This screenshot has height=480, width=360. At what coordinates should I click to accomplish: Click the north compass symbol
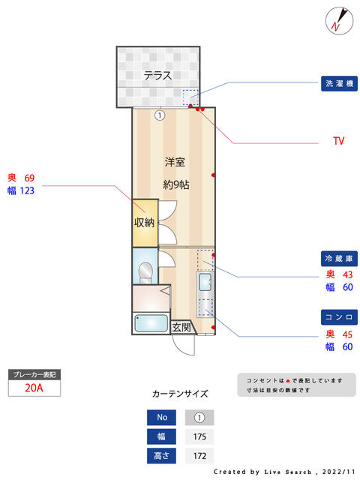pos(339,21)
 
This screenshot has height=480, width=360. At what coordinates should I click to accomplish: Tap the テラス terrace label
pos(158,75)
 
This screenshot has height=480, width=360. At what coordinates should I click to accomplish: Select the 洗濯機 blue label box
pos(339,83)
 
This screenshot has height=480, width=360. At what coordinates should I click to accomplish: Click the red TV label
pos(338,141)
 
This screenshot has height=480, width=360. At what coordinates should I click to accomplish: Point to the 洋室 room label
pos(175,162)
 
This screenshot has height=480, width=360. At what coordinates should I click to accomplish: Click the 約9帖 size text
pos(176,184)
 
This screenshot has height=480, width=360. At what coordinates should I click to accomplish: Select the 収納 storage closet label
pos(144,222)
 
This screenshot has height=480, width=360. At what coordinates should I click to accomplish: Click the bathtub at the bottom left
pos(151,323)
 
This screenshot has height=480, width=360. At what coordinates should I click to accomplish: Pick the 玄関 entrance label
pos(181,327)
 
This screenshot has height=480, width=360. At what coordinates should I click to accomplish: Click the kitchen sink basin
pos(205,282)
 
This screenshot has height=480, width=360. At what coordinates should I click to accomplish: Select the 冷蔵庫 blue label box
pos(339,259)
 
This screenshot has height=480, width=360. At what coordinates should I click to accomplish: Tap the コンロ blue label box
pos(339,317)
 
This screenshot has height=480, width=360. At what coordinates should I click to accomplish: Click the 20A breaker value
pos(34,388)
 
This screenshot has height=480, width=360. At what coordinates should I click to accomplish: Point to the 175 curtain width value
pos(199,436)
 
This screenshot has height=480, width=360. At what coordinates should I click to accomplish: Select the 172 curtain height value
pos(199,456)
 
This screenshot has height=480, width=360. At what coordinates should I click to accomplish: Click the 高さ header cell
pos(161,456)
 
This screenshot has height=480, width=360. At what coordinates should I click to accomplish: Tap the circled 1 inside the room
pos(160,115)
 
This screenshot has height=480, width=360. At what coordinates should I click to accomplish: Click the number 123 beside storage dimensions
pos(27,190)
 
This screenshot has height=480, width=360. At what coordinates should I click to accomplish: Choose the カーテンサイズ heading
pos(180,394)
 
